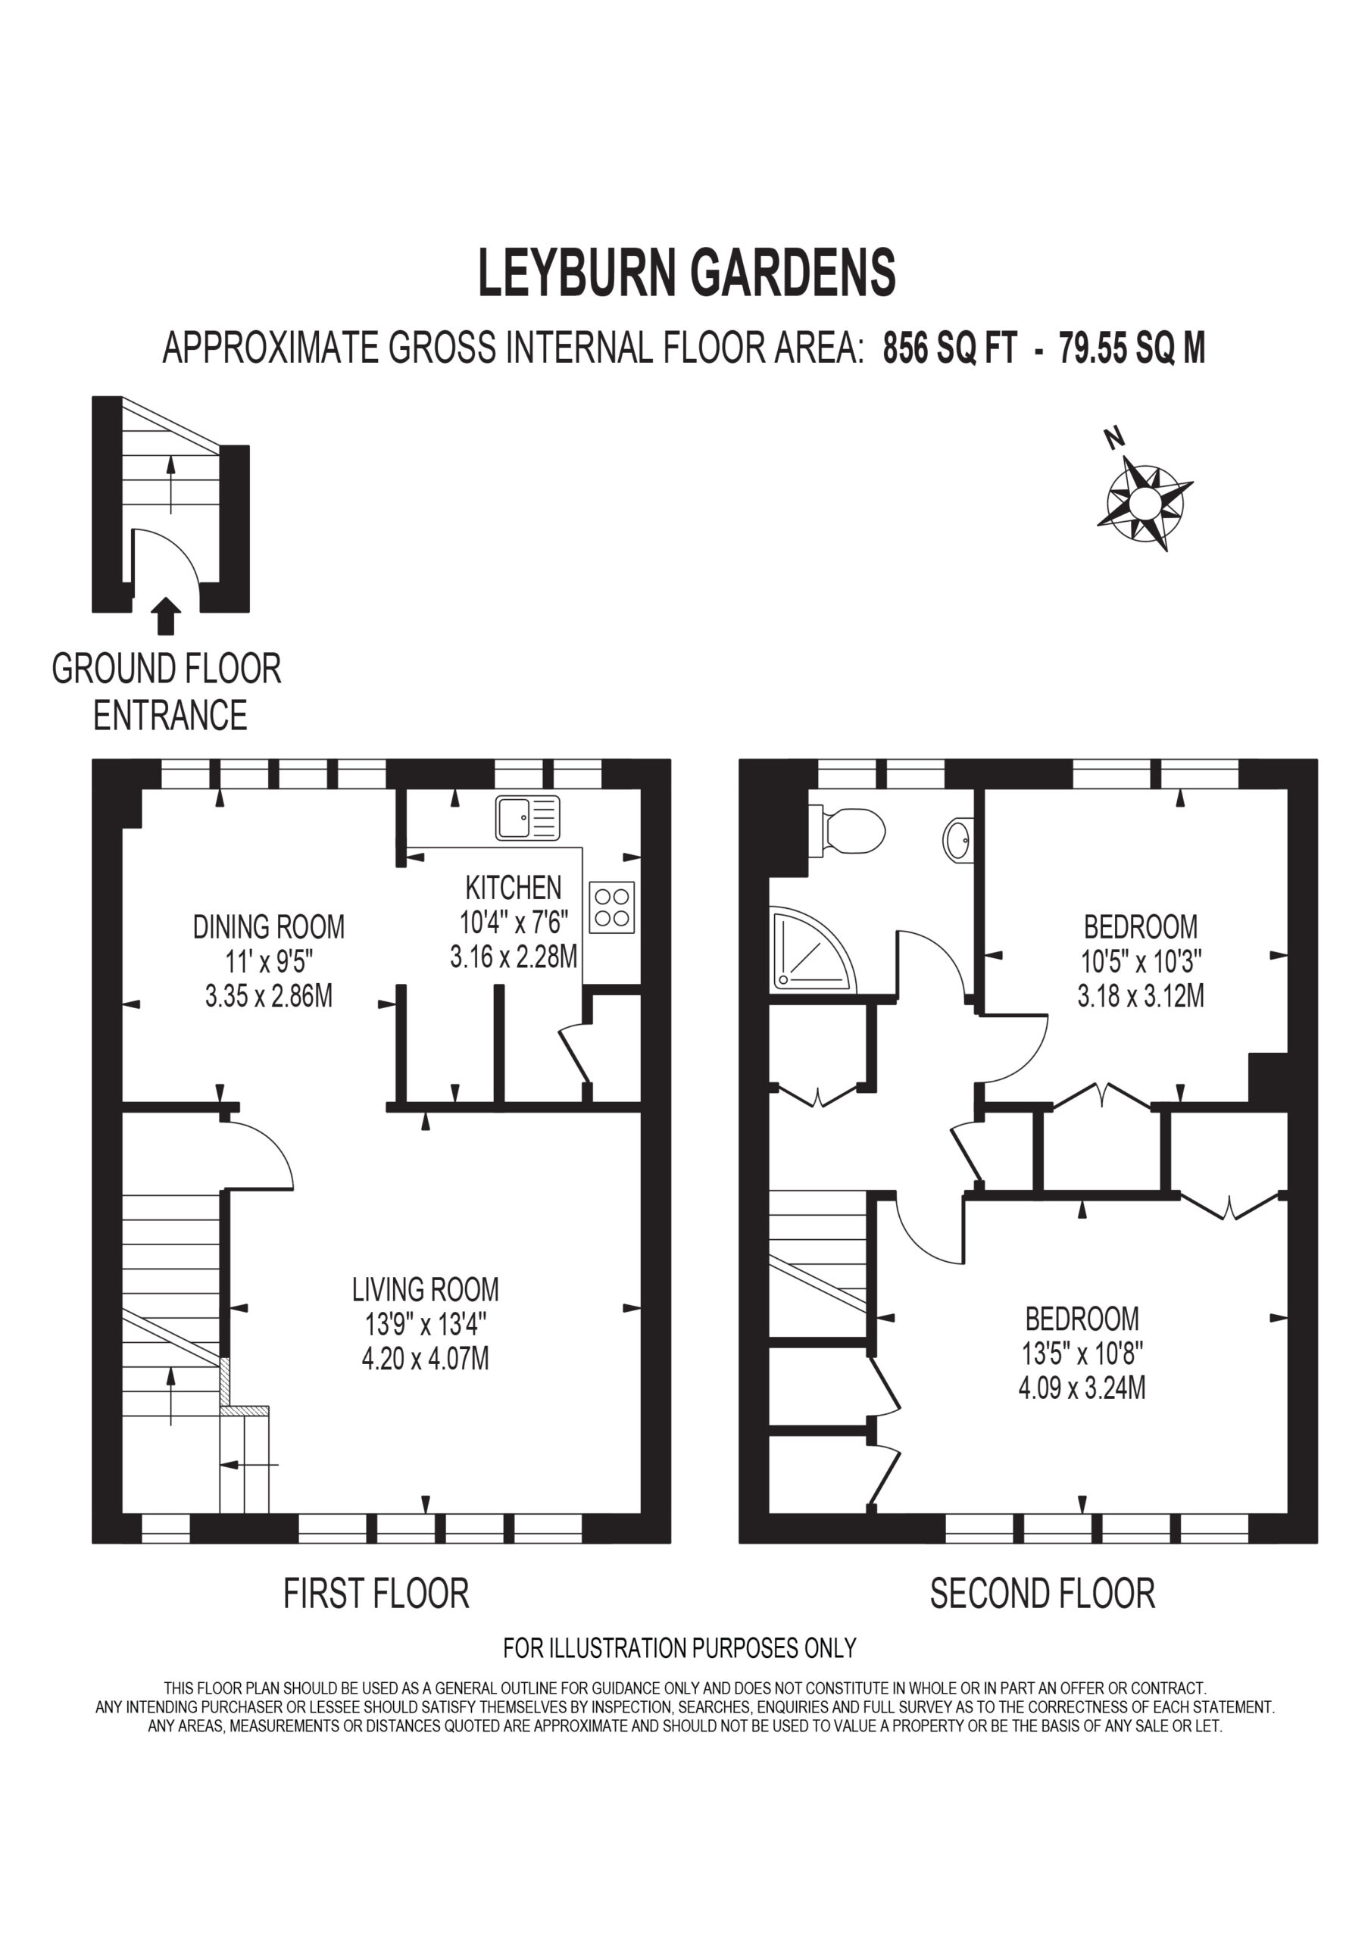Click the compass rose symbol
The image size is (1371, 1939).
click(x=1145, y=504)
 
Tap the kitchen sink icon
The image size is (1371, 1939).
click(x=528, y=817)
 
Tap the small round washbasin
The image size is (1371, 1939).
click(x=958, y=839)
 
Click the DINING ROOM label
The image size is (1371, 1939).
click(x=269, y=927)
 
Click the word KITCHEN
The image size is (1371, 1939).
click(x=514, y=888)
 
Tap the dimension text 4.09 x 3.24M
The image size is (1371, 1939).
click(x=1082, y=1388)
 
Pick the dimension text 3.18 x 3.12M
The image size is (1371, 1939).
click(x=1141, y=997)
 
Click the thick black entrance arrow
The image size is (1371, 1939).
click(x=169, y=616)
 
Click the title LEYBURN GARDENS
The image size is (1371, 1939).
click(x=687, y=273)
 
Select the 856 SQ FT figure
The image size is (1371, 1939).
click(x=951, y=348)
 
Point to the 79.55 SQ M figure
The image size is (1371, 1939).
click(x=1132, y=348)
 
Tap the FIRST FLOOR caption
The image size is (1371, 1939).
click(x=376, y=1594)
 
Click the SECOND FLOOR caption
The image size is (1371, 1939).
click(x=1042, y=1594)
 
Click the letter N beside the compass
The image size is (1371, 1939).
click(x=1115, y=439)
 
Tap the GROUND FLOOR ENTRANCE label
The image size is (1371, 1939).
click(x=167, y=692)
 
